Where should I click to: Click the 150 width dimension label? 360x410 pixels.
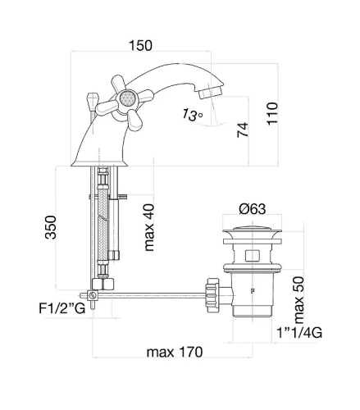[140, 45]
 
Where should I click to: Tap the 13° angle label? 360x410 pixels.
[193, 115]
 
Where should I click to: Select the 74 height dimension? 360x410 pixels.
[243, 130]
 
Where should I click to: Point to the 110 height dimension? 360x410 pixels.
[272, 114]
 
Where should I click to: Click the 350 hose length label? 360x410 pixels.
[51, 227]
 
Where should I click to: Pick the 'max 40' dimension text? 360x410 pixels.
[149, 227]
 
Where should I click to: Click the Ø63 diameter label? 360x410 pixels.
[253, 209]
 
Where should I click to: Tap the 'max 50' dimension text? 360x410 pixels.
[298, 300]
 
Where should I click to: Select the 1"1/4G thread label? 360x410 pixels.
[299, 333]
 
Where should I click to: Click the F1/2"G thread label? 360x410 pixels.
[62, 308]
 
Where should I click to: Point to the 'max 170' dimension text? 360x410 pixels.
[175, 352]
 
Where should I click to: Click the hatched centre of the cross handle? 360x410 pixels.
[126, 98]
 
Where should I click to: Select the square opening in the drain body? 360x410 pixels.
[252, 255]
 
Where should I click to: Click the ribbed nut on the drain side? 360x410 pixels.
[212, 295]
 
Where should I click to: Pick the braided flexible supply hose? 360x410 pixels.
[103, 224]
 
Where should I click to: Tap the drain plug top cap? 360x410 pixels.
[252, 230]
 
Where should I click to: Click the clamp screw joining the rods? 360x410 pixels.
[92, 295]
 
